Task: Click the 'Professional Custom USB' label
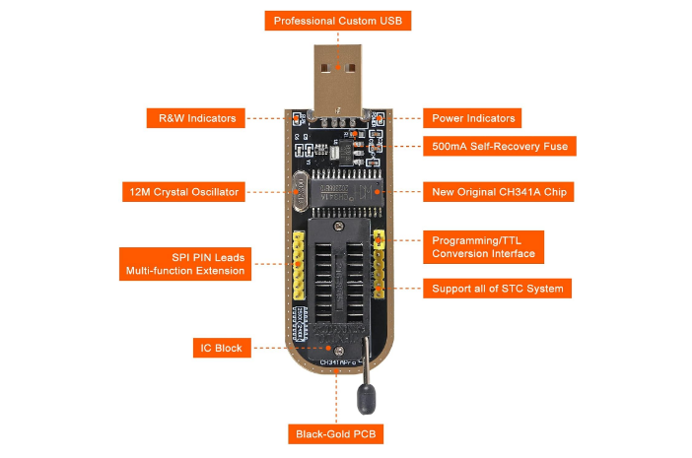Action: pos(337,21)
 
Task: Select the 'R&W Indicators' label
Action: pos(197,118)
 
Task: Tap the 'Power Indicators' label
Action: pos(473,118)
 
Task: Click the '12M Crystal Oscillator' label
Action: pos(184,191)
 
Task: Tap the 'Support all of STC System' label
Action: pos(498,289)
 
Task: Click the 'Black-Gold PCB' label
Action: pos(336,433)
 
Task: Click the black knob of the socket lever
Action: pos(365,398)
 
